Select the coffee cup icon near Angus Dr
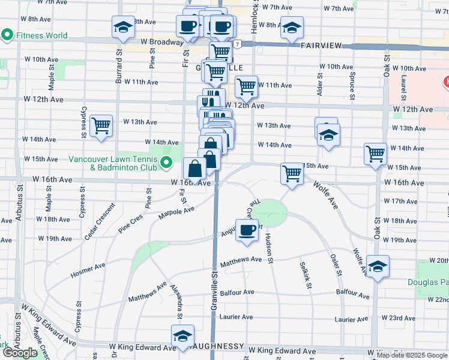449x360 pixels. pyautogui.click(x=247, y=230)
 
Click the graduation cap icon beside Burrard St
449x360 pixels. pyautogui.click(x=123, y=28)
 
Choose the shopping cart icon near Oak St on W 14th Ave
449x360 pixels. pyautogui.click(x=375, y=154)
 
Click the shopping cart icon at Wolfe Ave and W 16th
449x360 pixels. pyautogui.click(x=292, y=175)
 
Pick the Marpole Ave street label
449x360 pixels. pyautogui.click(x=176, y=212)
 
